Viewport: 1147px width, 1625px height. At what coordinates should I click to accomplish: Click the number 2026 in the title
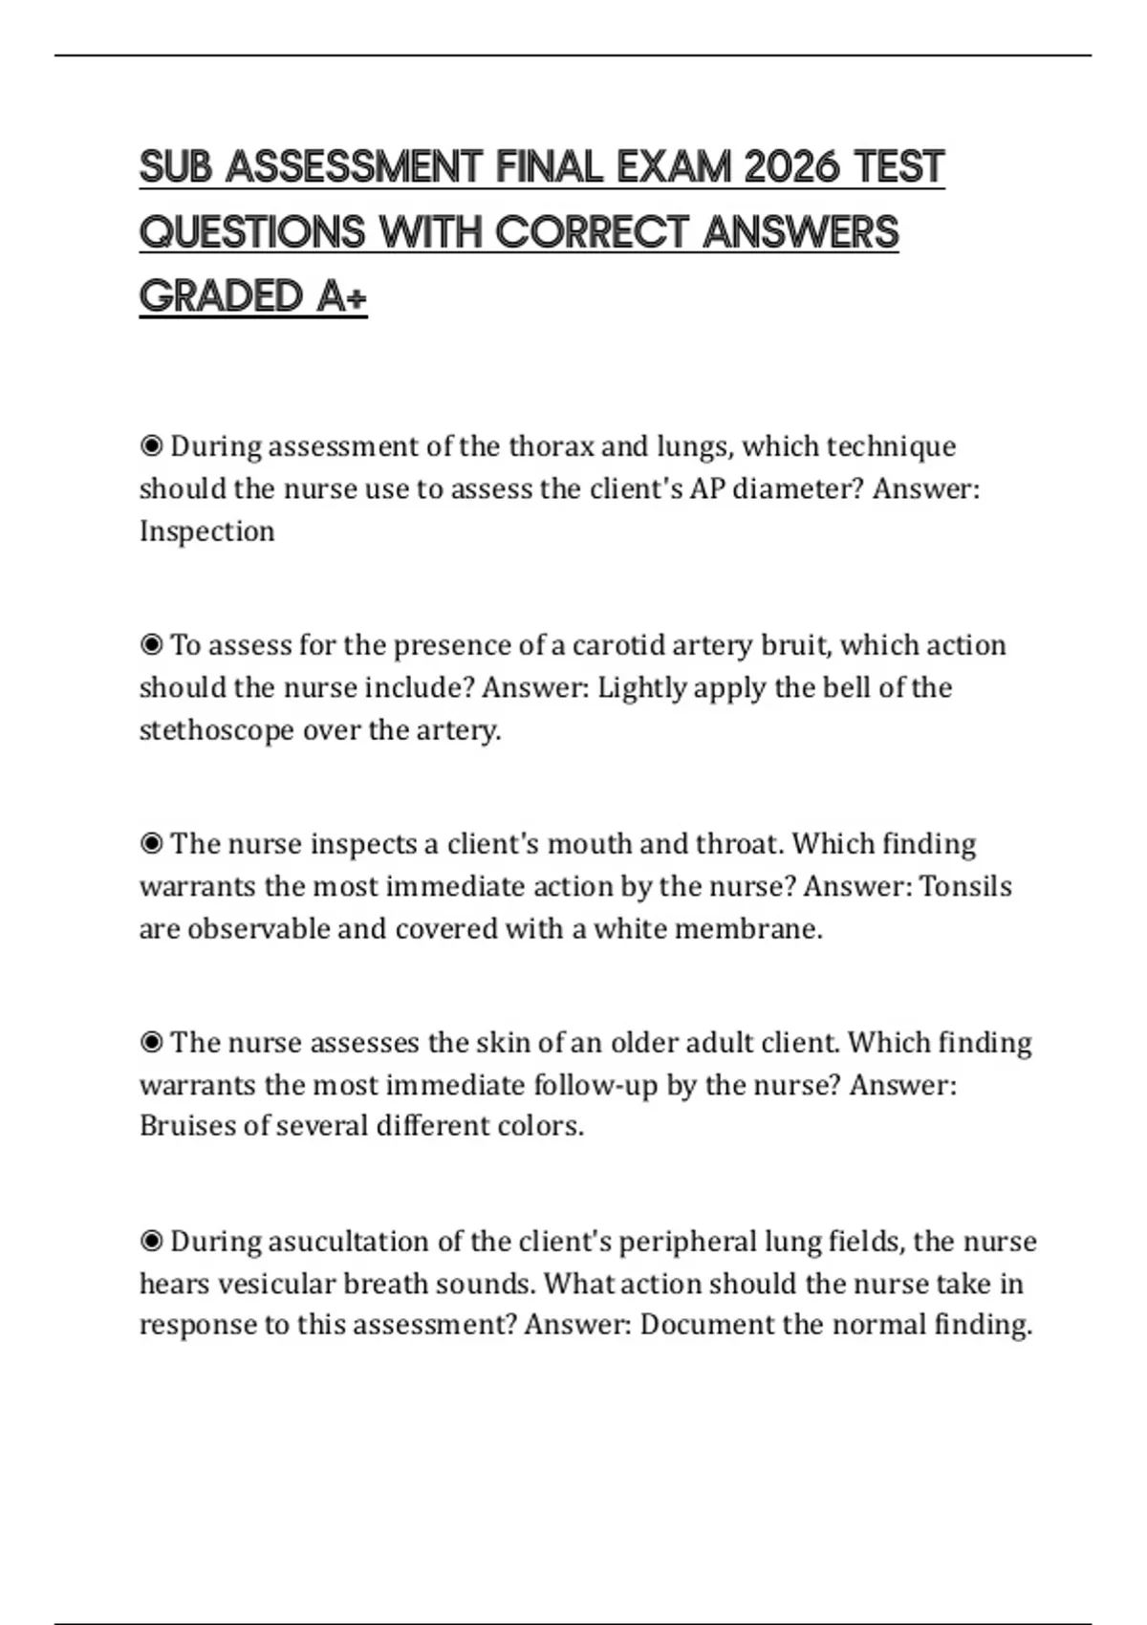click(x=791, y=167)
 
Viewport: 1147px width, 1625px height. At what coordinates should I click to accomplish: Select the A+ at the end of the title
click(x=340, y=296)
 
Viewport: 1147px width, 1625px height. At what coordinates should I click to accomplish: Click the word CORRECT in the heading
click(x=592, y=232)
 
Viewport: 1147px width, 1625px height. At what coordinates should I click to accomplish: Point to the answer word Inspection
click(x=206, y=531)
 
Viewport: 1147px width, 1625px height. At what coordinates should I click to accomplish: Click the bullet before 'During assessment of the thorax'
click(x=151, y=446)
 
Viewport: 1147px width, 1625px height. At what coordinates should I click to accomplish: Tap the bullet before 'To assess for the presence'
click(x=151, y=645)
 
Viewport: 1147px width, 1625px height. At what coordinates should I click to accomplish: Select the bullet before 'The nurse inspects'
click(x=151, y=844)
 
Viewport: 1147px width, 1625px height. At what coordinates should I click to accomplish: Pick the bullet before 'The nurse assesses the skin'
click(x=151, y=1042)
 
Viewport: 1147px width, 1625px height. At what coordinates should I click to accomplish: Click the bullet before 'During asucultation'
click(x=151, y=1242)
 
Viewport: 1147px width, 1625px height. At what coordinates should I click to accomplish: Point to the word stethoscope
click(x=216, y=731)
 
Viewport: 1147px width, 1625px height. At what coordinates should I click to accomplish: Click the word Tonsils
click(x=965, y=886)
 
